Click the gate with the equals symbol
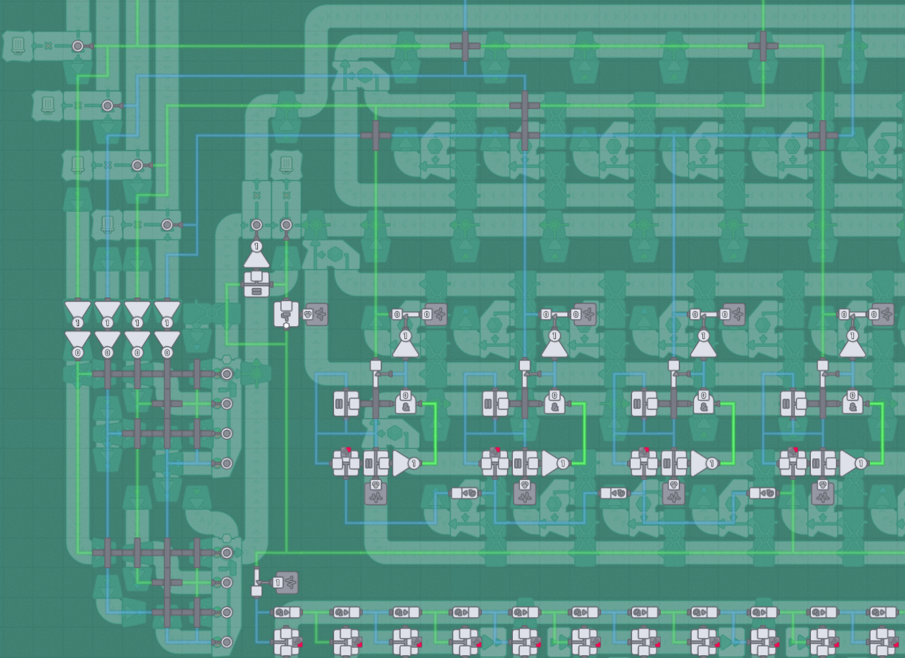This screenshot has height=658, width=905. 256,284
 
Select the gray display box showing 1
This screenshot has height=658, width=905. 286,583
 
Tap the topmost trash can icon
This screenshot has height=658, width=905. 18,46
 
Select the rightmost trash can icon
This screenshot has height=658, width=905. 286,165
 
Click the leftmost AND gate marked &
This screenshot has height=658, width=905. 405,402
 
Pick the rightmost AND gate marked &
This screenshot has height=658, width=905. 853,402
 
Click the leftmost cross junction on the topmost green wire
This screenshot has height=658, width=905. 465,46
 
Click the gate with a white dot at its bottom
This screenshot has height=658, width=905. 286,314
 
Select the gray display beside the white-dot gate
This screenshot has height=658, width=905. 316,314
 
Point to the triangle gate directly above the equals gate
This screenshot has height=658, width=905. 256,254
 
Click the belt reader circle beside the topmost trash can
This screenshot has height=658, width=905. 78,46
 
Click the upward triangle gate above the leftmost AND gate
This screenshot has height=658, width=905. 405,344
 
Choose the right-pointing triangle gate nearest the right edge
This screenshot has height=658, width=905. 853,463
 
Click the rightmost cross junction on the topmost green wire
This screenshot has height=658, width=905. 763,46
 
